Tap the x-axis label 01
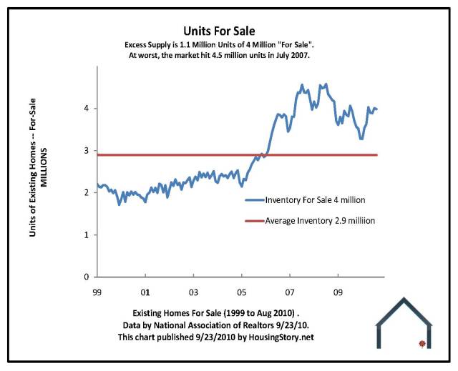click(x=145, y=292)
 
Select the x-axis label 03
click(x=193, y=292)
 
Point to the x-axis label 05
click(x=242, y=292)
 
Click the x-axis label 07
click(x=291, y=292)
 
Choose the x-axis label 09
click(x=339, y=292)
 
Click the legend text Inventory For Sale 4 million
click(x=313, y=201)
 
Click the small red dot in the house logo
click(x=422, y=344)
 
